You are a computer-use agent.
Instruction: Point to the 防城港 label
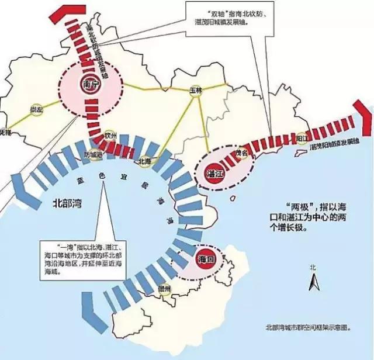[93, 155]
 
